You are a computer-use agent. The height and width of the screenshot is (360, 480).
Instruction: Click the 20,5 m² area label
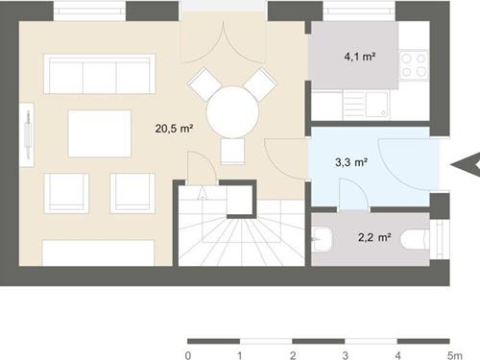pos(174,129)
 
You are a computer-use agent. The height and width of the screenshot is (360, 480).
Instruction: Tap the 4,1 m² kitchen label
pos(360,57)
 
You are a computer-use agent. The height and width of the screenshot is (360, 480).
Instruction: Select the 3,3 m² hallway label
pos(351,162)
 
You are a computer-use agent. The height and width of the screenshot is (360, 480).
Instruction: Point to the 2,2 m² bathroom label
pos(374,237)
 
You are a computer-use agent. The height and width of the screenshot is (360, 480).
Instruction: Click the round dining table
pos(232,112)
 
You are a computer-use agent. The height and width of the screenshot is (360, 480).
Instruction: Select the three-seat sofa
pos(100,74)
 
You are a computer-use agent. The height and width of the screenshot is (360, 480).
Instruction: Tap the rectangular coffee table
pos(100,133)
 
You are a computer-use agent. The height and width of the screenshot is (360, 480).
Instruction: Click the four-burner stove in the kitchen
pos(414,65)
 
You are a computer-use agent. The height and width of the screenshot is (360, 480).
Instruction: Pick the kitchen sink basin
pos(376,105)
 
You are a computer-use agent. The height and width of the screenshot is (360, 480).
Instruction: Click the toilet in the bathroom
pos(415,238)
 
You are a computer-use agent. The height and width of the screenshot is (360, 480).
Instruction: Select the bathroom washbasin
pos(323,239)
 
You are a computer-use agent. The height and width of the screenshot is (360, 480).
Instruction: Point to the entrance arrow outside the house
pos(466,165)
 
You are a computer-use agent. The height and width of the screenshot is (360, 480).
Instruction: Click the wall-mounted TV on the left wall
pos(28,134)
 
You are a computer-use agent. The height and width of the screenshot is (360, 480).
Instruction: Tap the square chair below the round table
pos(232,152)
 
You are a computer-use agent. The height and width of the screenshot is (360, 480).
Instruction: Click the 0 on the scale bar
pos(188,355)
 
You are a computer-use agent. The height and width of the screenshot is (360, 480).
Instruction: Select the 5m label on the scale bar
pos(455,355)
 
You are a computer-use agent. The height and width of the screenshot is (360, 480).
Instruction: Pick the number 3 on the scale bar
pos(345,355)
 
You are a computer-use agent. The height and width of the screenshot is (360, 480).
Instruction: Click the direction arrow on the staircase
pos(203,193)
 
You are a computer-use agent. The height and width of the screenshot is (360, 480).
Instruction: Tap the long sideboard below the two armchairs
pos(98,252)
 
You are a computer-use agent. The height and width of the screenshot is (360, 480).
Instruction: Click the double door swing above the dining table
pos(224,42)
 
